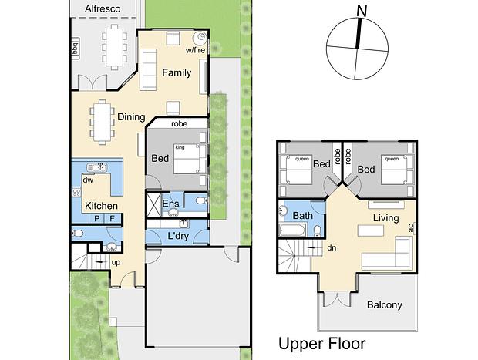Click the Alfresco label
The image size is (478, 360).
tap(103, 8)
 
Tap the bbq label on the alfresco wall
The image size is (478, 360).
tap(76, 48)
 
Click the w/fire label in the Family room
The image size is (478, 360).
tap(195, 50)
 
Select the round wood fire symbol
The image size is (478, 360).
tap(200, 38)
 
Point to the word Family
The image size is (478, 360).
tap(177, 73)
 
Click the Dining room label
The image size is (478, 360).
tap(131, 117)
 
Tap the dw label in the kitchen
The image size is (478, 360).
tap(88, 180)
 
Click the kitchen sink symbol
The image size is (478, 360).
tap(97, 167)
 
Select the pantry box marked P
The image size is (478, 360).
tap(97, 218)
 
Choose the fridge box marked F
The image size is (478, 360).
tap(113, 218)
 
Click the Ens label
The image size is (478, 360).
tap(170, 204)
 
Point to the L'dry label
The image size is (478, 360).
tap(178, 236)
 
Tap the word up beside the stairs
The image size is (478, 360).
tap(116, 262)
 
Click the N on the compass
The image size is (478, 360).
tap(362, 12)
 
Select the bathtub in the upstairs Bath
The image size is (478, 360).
tap(293, 230)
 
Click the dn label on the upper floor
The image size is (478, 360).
tap(332, 247)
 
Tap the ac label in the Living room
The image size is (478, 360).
tap(411, 227)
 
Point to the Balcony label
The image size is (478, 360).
tap(385, 305)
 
